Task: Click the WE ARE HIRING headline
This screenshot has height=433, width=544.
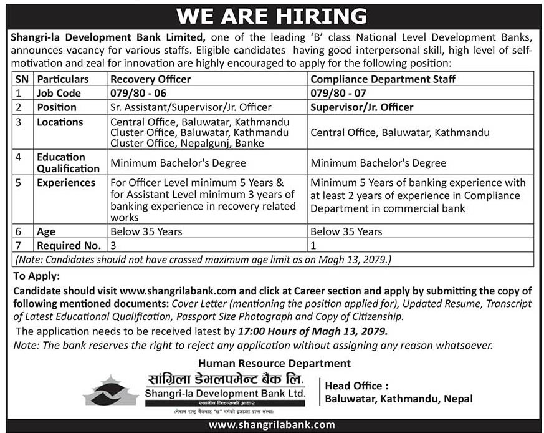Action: pyautogui.click(x=272, y=15)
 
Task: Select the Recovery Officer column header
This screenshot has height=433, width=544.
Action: pyautogui.click(x=150, y=79)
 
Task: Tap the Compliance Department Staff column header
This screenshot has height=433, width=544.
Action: pyautogui.click(x=383, y=79)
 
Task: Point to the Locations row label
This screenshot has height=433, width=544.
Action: pyautogui.click(x=60, y=122)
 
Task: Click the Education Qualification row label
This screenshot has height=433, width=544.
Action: pyautogui.click(x=68, y=163)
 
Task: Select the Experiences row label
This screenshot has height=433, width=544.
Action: pyautogui.click(x=66, y=183)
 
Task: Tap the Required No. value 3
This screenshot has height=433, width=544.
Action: pyautogui.click(x=113, y=245)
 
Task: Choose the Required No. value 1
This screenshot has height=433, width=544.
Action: pyautogui.click(x=313, y=245)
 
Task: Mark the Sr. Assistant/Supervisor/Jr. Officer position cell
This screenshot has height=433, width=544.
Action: pyautogui.click(x=191, y=107)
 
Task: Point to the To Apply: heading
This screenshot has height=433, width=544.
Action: pyautogui.click(x=37, y=276)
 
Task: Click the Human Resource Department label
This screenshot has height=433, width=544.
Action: pyautogui.click(x=274, y=363)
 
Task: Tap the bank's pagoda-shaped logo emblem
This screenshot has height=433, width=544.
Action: pyautogui.click(x=111, y=391)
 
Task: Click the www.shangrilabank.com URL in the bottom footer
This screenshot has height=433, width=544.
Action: pyautogui.click(x=272, y=424)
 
